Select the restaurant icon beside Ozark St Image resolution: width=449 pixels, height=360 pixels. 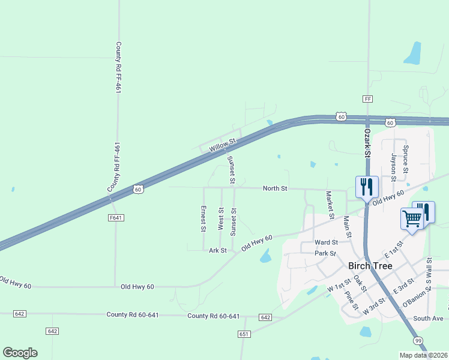pyautogui.click(x=366, y=187)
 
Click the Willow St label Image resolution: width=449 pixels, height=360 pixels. pyautogui.click(x=223, y=144)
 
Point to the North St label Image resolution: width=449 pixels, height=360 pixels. pyautogui.click(x=276, y=188)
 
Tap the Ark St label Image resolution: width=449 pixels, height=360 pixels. pyautogui.click(x=217, y=250)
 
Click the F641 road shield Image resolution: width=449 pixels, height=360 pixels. pyautogui.click(x=116, y=218)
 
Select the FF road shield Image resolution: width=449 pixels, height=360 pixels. pyautogui.click(x=368, y=98)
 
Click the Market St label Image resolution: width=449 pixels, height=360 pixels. pyautogui.click(x=329, y=201)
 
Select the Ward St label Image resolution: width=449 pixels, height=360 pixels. pyautogui.click(x=327, y=242)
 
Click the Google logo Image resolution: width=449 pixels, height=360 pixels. pyautogui.click(x=20, y=353)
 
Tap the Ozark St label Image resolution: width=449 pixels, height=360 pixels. pyautogui.click(x=367, y=142)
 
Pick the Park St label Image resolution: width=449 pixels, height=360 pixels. pyautogui.click(x=325, y=253)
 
